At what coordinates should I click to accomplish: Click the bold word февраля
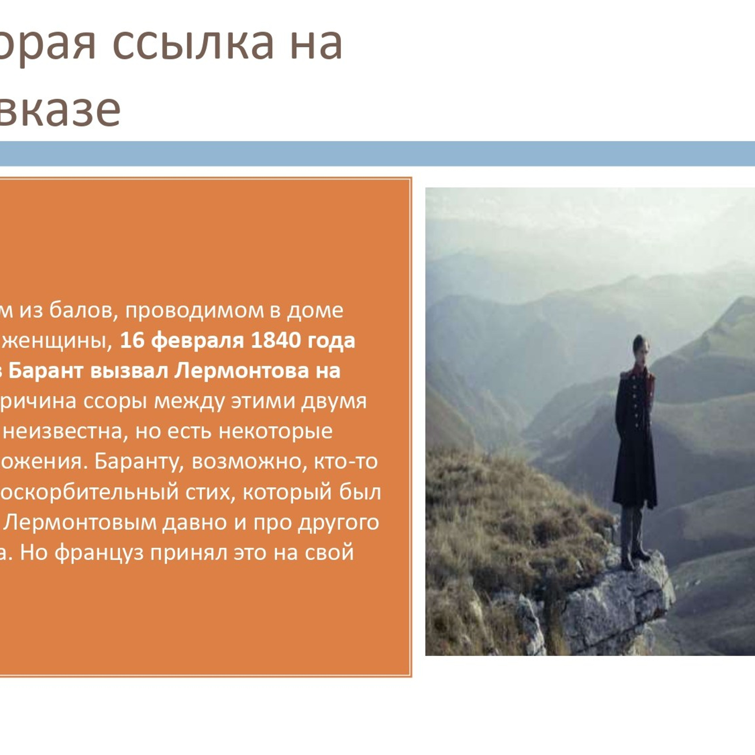coord(197,341)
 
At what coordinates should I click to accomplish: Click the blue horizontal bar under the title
coord(377,153)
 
